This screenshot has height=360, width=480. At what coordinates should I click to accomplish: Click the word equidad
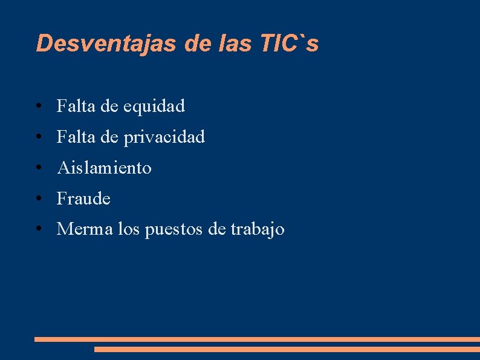[x=154, y=106]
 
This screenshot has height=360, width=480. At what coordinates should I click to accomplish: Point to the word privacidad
[x=164, y=138]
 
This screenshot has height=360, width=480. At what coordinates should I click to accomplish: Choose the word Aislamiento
[x=104, y=168]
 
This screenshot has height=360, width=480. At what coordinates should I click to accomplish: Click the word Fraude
[x=83, y=198]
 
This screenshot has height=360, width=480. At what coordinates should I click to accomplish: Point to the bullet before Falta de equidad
[x=38, y=107]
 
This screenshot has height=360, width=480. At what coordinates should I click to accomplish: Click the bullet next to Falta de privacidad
[x=38, y=138]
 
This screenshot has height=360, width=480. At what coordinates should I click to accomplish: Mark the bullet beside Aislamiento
[x=38, y=168]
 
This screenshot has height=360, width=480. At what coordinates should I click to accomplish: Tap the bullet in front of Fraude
[x=38, y=199]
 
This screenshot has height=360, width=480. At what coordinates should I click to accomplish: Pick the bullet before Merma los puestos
[x=38, y=230]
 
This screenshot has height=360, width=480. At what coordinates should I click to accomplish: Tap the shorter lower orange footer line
[x=287, y=349]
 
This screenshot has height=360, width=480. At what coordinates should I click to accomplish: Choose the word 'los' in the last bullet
[x=129, y=229]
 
